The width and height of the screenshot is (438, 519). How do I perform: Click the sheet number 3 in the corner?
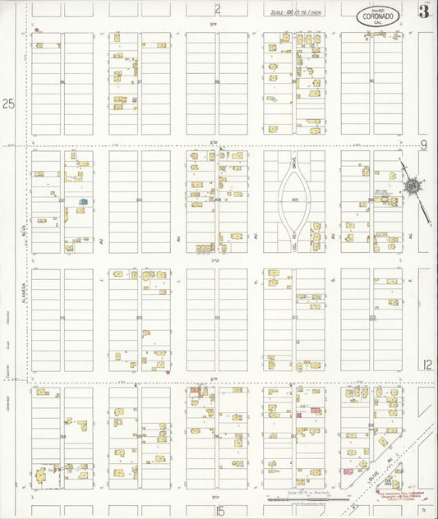point(423,11)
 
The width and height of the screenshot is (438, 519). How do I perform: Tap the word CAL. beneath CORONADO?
point(377,22)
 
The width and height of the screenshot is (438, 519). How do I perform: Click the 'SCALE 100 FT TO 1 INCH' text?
point(297,12)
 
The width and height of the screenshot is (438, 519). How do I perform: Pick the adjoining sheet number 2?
point(218,10)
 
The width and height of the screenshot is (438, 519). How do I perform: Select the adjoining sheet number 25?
point(10,104)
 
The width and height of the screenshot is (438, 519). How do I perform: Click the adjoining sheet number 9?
point(424,145)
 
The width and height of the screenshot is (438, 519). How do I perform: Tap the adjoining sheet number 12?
point(426,364)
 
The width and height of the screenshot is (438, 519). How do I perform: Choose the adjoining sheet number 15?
point(219,512)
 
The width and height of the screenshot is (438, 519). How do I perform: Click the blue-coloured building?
point(82,200)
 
